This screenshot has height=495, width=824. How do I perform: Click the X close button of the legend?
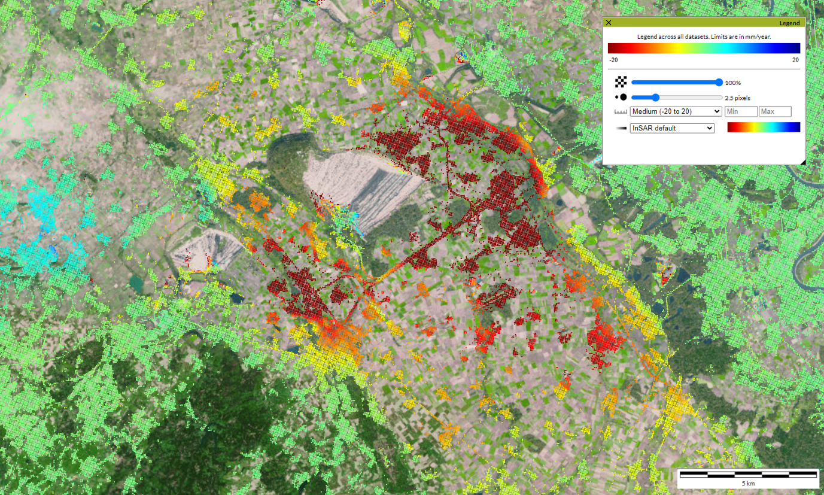(x=609, y=23)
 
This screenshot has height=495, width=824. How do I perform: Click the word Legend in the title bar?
(x=789, y=23)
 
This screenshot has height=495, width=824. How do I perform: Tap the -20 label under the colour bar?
(x=613, y=60)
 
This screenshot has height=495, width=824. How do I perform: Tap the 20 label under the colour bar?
(x=795, y=60)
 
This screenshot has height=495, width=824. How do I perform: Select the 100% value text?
(x=732, y=83)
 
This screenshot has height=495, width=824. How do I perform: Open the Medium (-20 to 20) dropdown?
(x=676, y=111)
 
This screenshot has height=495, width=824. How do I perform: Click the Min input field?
(x=741, y=111)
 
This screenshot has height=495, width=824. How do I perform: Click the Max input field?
(x=775, y=111)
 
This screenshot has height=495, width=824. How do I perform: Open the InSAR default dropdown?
(x=672, y=128)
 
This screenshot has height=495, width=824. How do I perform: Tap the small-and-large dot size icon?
(x=621, y=97)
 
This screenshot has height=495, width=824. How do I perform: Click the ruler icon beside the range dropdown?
(x=621, y=112)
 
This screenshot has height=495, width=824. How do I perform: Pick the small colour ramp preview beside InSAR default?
(x=764, y=127)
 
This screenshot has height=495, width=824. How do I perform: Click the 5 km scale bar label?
(x=748, y=483)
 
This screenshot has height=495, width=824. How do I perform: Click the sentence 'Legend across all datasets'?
(x=704, y=37)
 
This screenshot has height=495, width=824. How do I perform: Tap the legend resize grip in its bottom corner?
(x=802, y=162)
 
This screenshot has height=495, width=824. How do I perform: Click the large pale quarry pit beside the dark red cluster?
(x=353, y=180)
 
